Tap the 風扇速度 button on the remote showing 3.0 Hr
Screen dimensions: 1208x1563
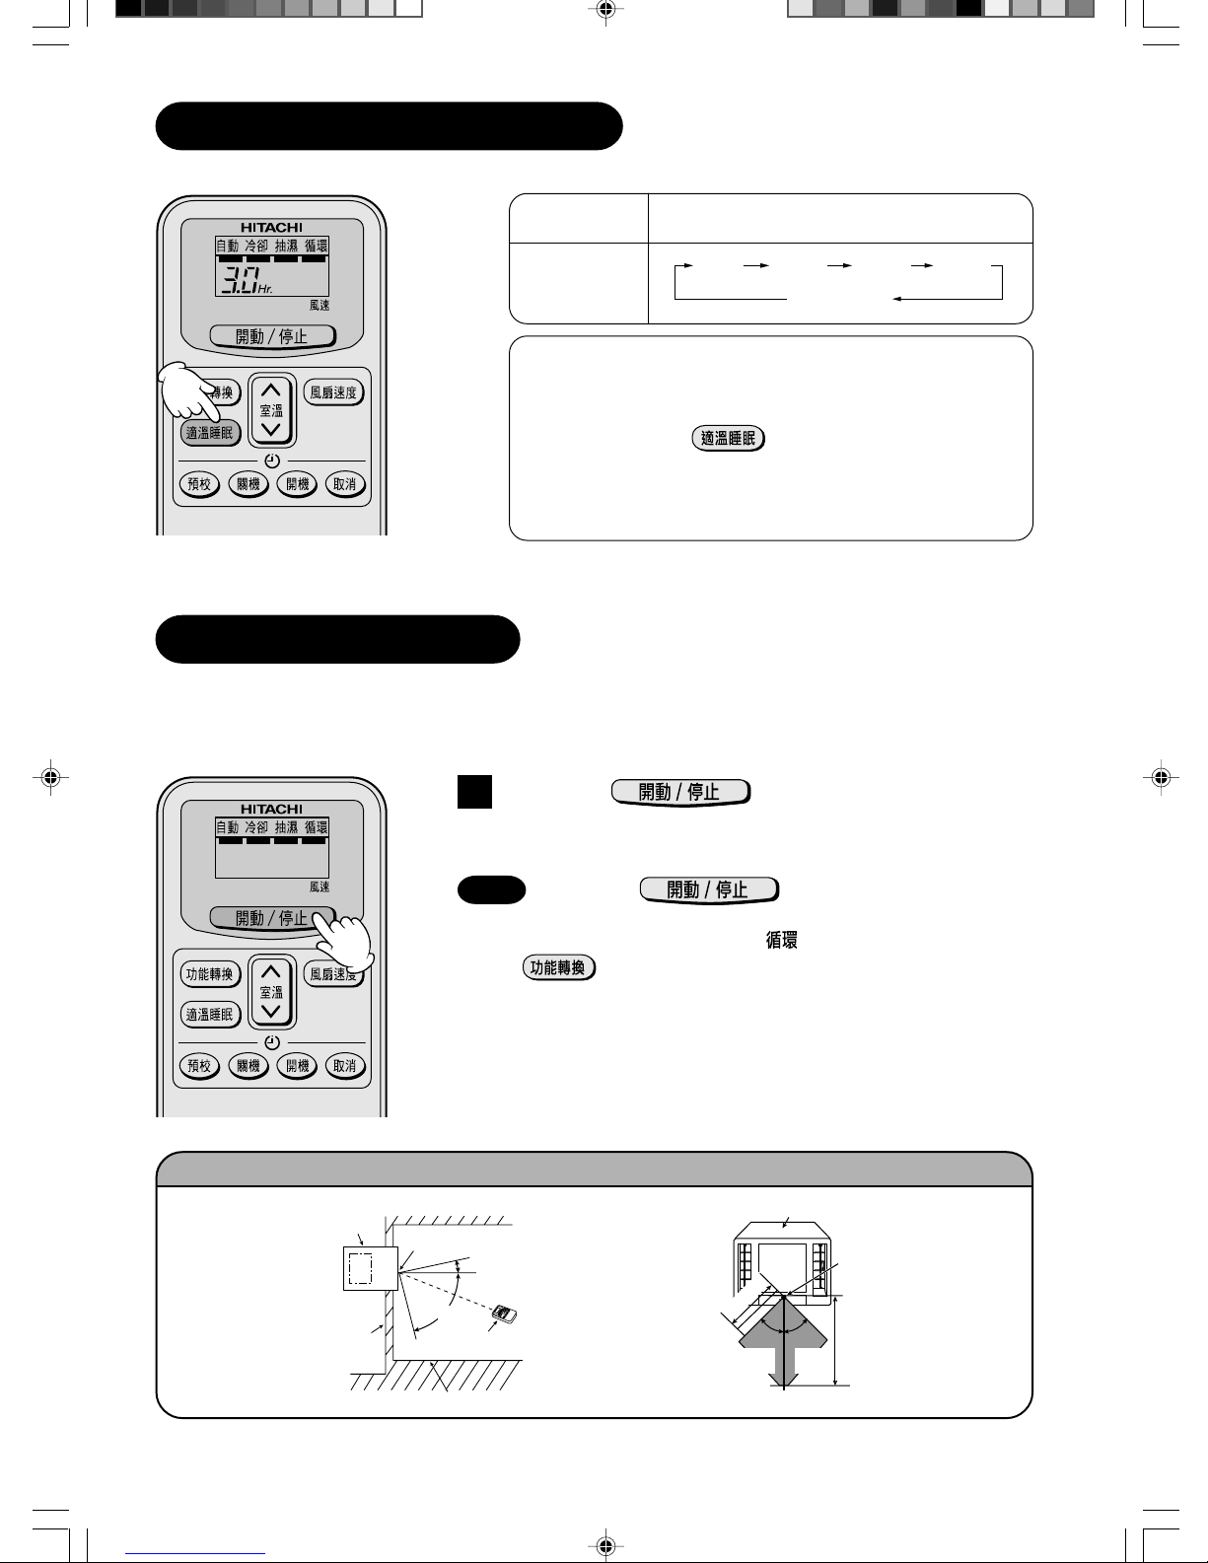point(333,392)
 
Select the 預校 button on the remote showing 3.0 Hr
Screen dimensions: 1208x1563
point(199,484)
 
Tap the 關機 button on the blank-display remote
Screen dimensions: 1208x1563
point(249,1066)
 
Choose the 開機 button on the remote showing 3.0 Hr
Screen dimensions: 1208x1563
point(297,484)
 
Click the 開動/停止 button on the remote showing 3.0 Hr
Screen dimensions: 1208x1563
point(272,336)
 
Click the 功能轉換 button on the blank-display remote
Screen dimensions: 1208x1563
point(210,974)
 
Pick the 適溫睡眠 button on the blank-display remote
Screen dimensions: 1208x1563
point(210,1015)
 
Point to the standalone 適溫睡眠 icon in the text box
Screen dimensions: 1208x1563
point(729,438)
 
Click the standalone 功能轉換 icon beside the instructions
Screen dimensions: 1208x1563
point(559,967)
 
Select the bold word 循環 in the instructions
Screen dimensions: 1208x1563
point(782,940)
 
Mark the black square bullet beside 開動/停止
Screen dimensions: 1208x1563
point(474,792)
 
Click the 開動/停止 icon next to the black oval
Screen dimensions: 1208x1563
point(709,890)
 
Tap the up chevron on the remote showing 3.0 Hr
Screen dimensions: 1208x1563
point(271,391)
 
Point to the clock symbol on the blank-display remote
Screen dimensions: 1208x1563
point(272,1042)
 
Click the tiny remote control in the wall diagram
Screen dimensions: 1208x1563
point(504,1314)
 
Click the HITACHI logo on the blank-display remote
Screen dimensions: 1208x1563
point(272,810)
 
